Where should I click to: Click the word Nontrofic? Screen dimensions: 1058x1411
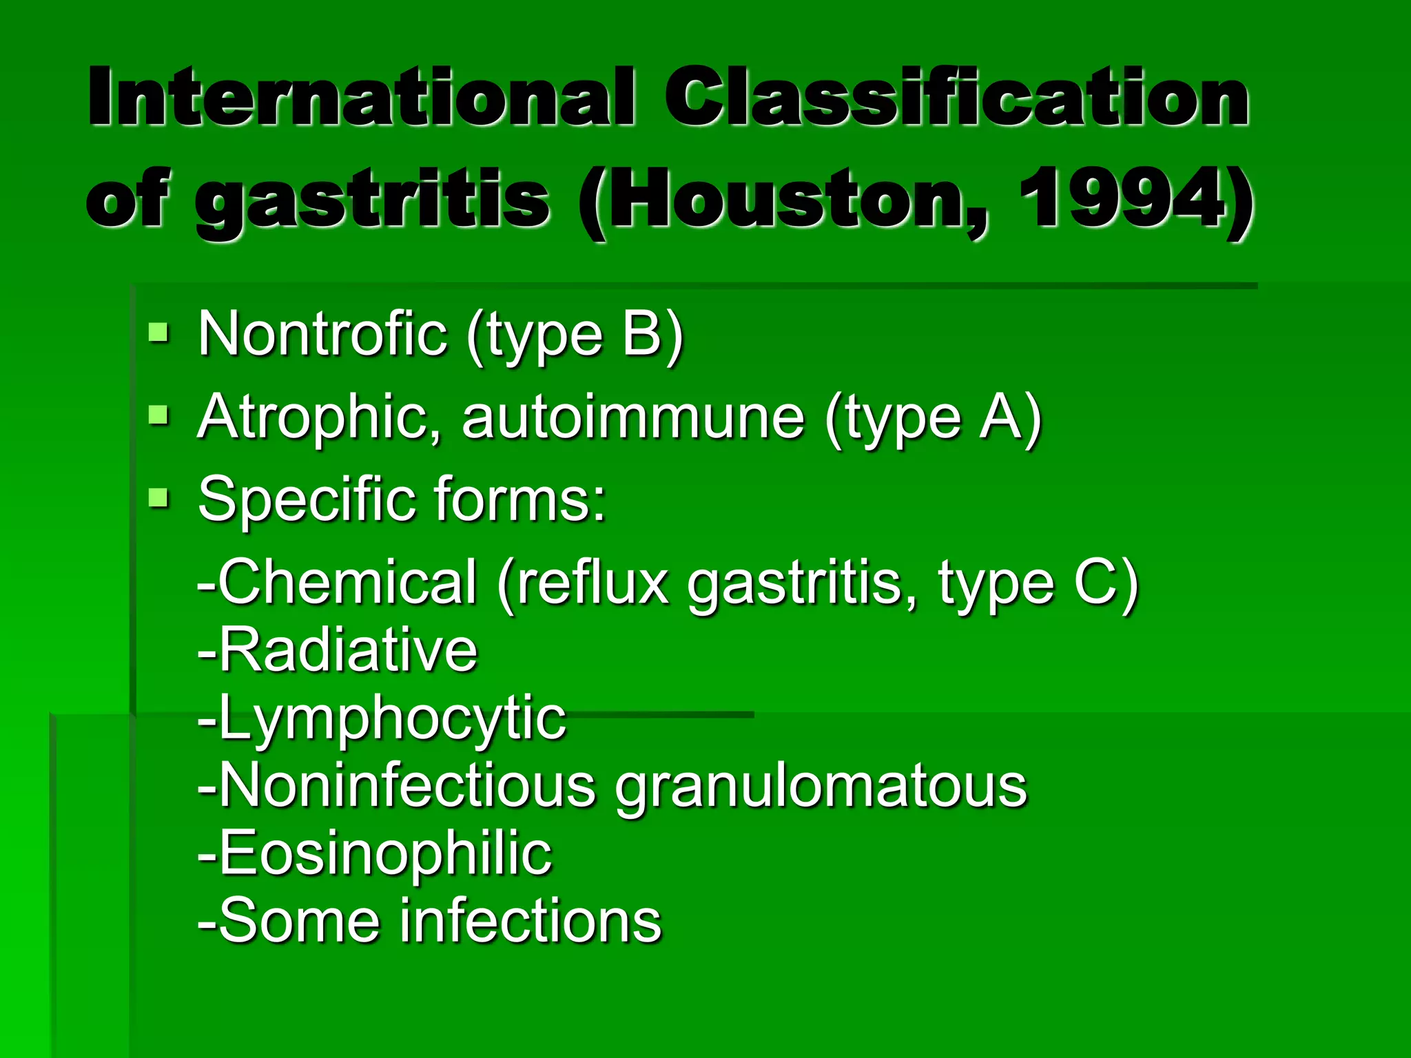coord(322,334)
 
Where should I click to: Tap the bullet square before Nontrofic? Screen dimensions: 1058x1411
coord(159,333)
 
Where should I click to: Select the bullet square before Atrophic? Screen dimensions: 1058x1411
coord(159,415)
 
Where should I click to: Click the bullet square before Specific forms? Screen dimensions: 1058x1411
coord(159,497)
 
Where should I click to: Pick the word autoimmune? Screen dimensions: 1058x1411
coord(633,417)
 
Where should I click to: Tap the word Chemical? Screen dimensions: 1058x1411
coord(347,583)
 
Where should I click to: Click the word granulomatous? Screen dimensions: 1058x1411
coord(821,787)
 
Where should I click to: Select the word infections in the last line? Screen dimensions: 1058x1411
coord(531,921)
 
